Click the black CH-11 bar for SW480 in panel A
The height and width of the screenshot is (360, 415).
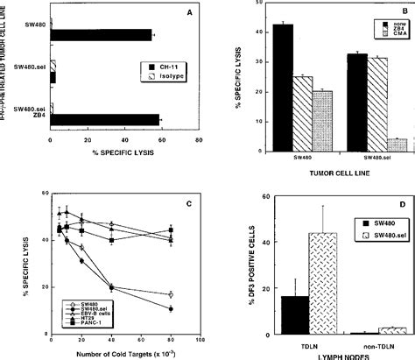click(x=101, y=35)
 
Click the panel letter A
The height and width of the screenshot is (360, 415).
click(x=194, y=12)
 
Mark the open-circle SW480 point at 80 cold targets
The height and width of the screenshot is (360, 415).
click(x=171, y=293)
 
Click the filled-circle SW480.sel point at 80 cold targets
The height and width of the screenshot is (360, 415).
click(x=171, y=309)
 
